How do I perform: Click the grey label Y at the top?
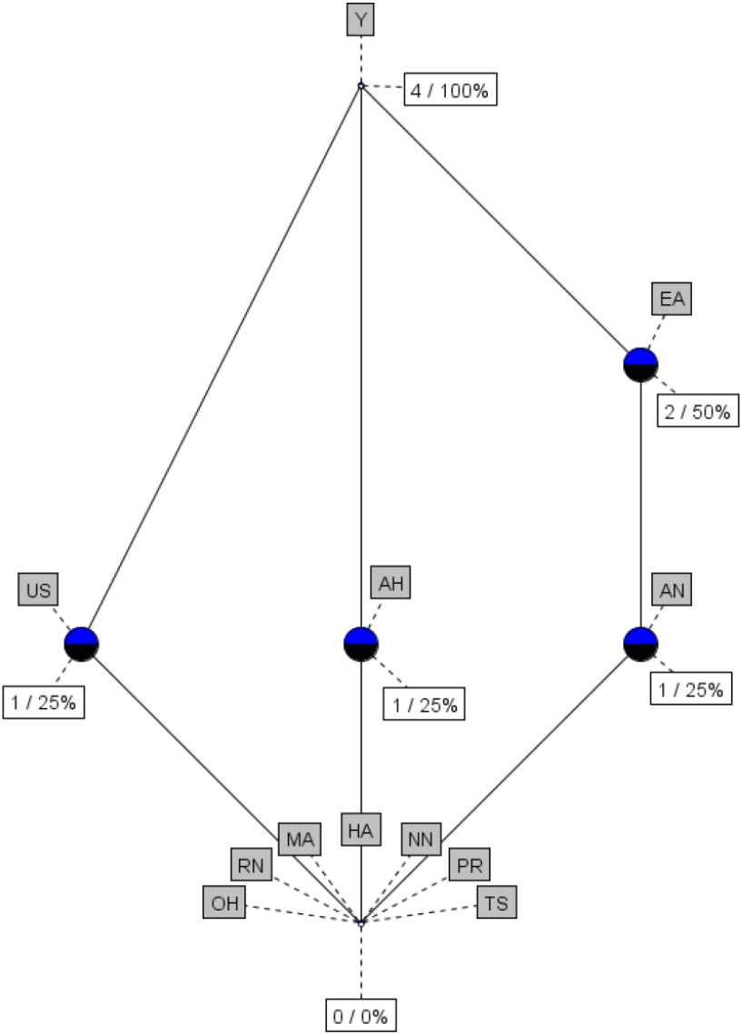click(361, 19)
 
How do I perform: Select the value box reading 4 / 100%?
click(451, 91)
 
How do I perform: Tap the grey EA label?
click(672, 300)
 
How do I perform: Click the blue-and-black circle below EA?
click(640, 364)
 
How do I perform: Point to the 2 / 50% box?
click(696, 411)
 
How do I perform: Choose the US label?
click(38, 591)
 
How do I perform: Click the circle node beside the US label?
click(81, 644)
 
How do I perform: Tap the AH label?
click(391, 584)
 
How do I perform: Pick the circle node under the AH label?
click(361, 644)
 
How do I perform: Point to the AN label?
click(672, 591)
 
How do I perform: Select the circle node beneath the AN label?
click(640, 644)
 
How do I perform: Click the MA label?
click(300, 838)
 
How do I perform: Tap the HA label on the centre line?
click(361, 829)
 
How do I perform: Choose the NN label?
click(420, 838)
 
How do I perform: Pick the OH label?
click(223, 903)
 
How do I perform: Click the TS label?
click(498, 902)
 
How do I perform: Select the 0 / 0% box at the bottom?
click(362, 1016)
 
